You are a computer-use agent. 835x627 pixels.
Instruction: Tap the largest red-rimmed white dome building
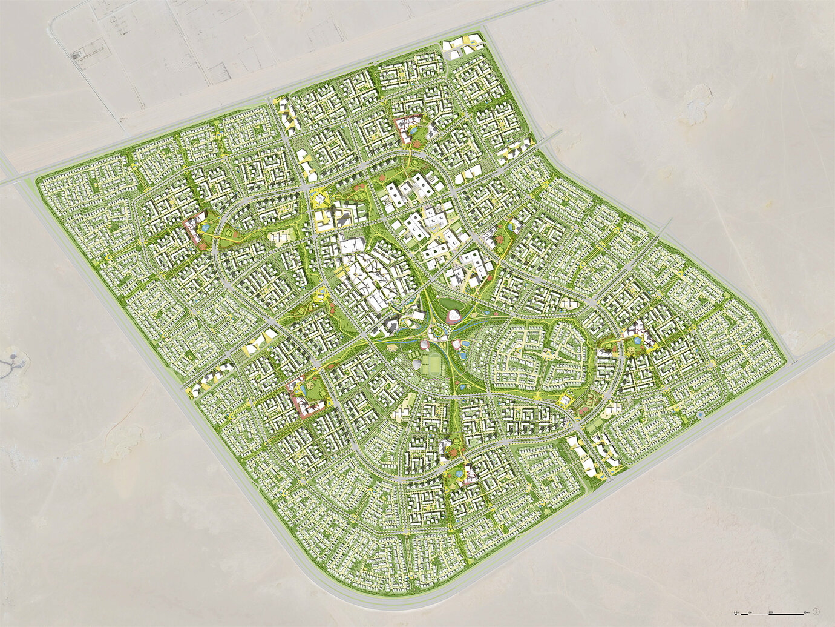click(x=453, y=314)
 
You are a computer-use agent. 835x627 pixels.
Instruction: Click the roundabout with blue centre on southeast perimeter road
click(x=700, y=415)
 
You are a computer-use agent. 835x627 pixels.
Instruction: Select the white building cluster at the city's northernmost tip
click(x=463, y=45)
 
